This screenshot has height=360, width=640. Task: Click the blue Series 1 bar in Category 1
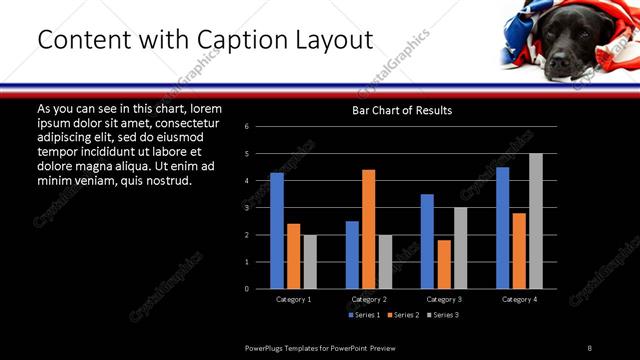click(277, 231)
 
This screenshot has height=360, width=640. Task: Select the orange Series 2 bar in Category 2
click(368, 229)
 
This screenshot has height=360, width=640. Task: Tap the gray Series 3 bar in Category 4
click(536, 221)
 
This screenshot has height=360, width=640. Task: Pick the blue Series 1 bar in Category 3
click(427, 241)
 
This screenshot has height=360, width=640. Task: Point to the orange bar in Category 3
click(444, 264)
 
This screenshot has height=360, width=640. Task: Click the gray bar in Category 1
click(310, 262)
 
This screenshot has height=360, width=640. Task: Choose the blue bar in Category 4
click(503, 228)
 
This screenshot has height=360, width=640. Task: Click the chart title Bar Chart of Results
click(402, 110)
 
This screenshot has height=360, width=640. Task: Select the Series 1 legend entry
click(365, 315)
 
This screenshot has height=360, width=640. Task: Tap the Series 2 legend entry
click(403, 315)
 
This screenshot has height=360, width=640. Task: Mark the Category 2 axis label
click(369, 299)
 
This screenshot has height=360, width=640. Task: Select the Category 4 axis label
click(519, 299)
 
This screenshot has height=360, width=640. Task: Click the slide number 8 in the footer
click(589, 347)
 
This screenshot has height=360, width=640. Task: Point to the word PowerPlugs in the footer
click(269, 347)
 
